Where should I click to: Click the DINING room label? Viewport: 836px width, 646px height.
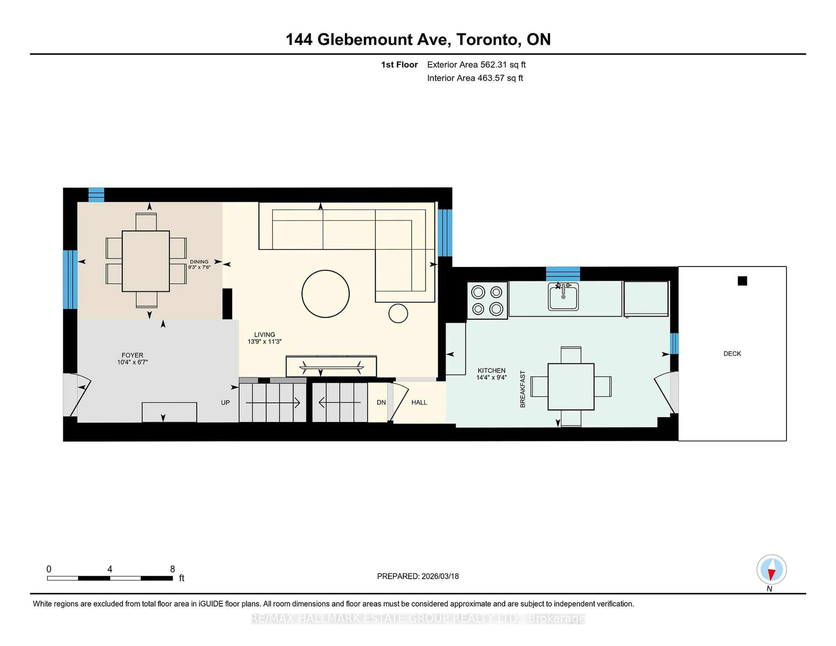point(199,262)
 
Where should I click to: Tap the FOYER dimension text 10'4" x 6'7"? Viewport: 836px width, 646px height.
point(132,362)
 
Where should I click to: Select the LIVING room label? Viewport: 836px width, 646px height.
point(265,335)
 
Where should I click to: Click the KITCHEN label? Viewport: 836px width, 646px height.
point(492,370)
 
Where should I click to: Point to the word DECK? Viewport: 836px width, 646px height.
point(732,354)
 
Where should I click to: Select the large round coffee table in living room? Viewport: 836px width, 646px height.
point(325,294)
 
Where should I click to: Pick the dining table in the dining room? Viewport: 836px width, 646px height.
point(146,261)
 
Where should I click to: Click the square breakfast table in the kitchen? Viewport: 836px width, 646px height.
point(571,387)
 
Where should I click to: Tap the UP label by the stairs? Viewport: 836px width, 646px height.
point(225,403)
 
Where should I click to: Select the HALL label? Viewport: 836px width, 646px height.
point(419,403)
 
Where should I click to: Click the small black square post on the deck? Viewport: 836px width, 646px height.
point(742,281)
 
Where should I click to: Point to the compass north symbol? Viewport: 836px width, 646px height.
point(771,569)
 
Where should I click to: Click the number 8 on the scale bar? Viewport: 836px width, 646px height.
point(173,569)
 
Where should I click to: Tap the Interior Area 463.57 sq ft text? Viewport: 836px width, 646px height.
point(475,78)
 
